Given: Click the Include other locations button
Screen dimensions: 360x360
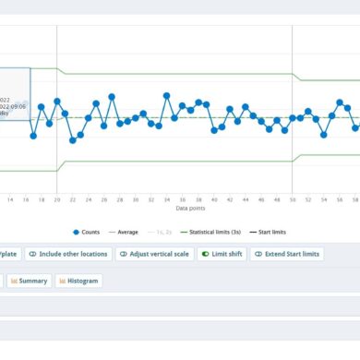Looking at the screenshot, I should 68,254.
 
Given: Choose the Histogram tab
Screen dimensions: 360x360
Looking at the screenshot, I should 78,281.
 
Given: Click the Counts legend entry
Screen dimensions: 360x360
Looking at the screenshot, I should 87,232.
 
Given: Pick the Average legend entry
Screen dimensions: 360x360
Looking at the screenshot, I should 126,232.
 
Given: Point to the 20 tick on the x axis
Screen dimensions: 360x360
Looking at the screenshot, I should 57,198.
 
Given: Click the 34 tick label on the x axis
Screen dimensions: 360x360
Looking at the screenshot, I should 166,198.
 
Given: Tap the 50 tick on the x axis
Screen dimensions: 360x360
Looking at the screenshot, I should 292,198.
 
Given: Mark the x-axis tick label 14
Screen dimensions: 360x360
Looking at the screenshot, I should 10,198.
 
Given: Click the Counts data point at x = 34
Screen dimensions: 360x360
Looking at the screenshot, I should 166,94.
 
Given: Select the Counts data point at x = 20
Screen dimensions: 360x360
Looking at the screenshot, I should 57,101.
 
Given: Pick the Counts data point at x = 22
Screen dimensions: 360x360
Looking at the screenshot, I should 72,139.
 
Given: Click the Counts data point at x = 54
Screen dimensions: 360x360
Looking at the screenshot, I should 323,135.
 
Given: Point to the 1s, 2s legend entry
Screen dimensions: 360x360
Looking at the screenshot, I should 166,232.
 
